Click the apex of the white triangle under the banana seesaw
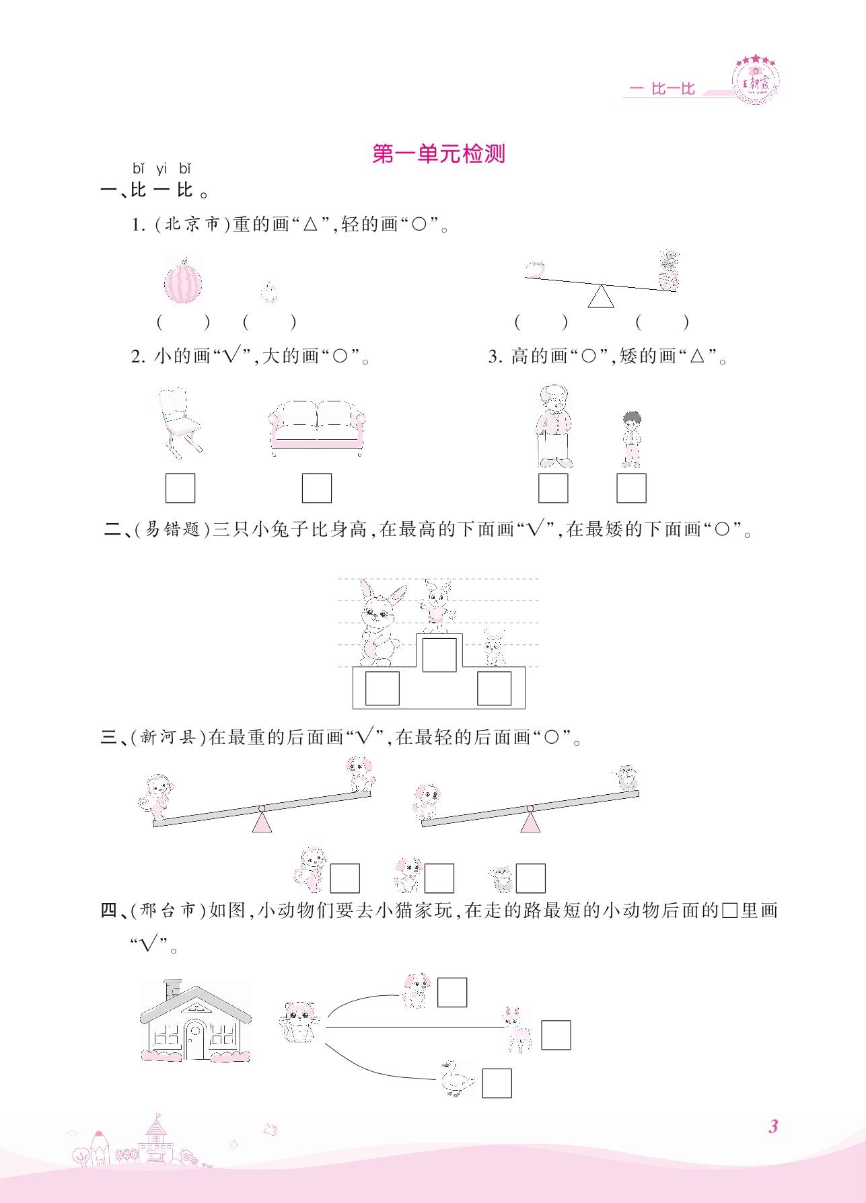[x=601, y=285]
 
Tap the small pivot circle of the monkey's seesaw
[x=261, y=808]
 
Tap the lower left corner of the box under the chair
[x=166, y=502]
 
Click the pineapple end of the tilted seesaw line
[x=677, y=290]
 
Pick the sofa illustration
[x=316, y=428]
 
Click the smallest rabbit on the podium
[x=495, y=648]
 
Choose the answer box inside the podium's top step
[x=439, y=655]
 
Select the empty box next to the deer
[x=556, y=1035]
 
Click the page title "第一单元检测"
[x=439, y=154]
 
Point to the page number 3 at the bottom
[x=772, y=1126]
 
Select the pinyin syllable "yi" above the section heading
[x=161, y=169]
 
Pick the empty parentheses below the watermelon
[x=183, y=323]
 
